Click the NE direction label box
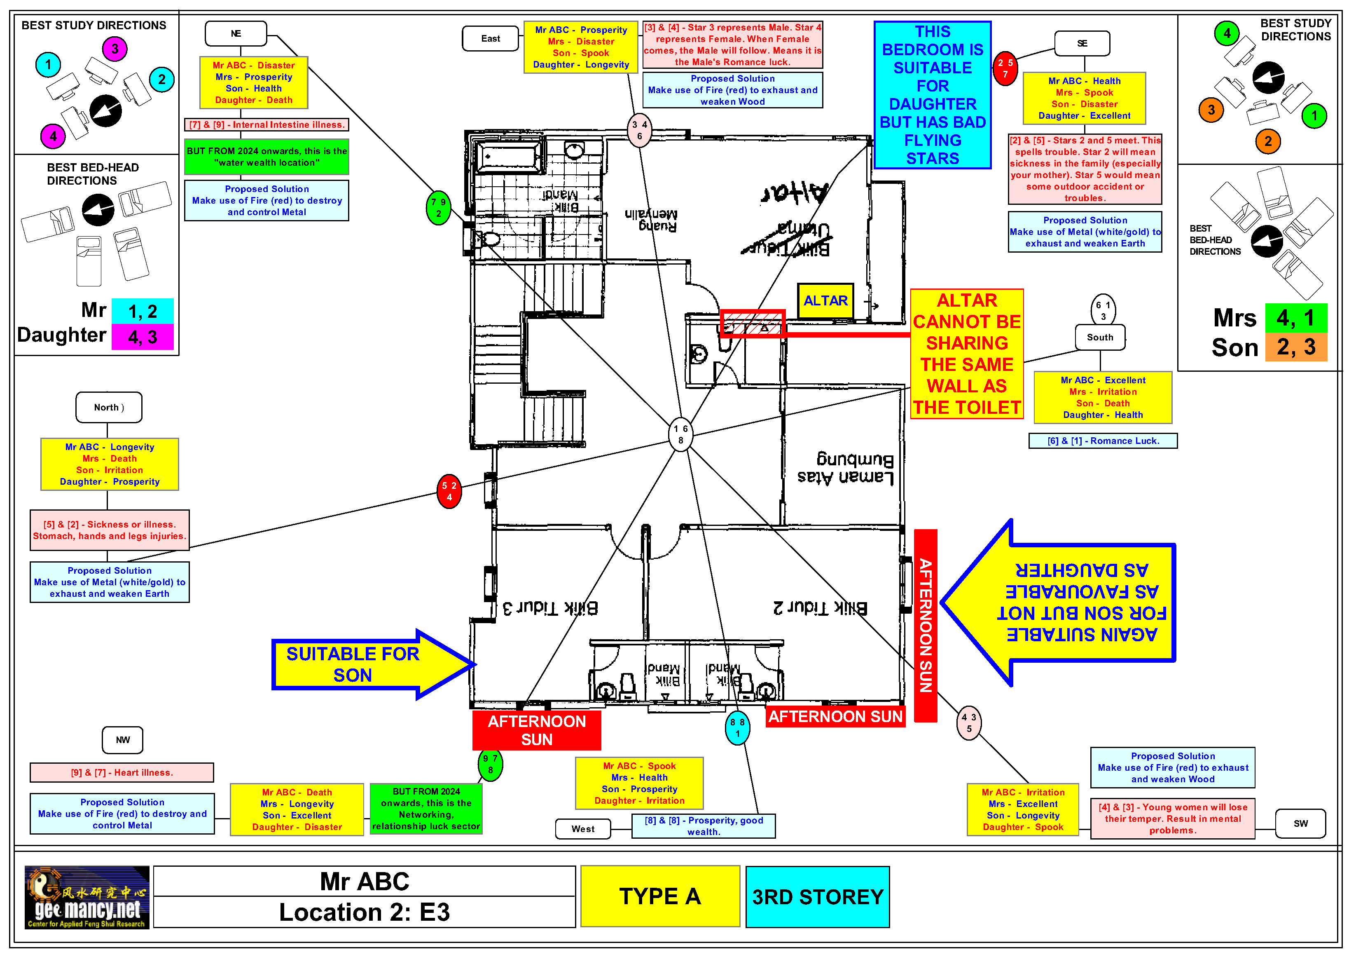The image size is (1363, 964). [236, 34]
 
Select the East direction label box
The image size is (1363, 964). [490, 39]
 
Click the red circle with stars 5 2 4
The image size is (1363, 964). [449, 491]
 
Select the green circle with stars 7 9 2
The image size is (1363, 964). [438, 208]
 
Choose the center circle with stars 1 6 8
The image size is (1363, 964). [680, 434]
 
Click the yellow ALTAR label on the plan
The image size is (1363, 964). [825, 300]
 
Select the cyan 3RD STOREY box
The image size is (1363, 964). [818, 897]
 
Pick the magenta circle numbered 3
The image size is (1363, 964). [115, 49]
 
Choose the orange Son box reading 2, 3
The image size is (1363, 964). [1296, 347]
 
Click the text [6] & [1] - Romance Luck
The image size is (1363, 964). [1102, 441]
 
